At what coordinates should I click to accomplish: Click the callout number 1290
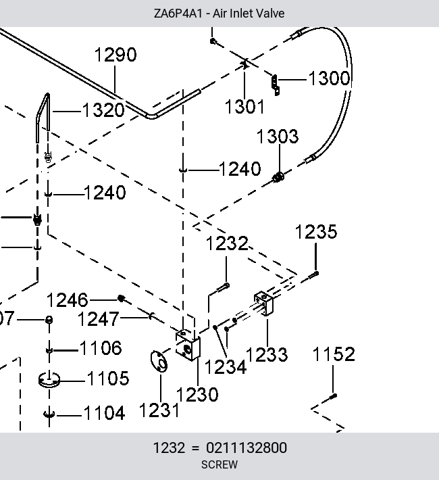tap(115, 55)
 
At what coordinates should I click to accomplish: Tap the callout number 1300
tap(329, 78)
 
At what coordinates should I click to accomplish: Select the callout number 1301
tap(244, 107)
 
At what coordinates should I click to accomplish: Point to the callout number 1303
tap(277, 136)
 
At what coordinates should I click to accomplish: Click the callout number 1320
tap(103, 110)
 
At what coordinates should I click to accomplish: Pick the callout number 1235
tap(316, 232)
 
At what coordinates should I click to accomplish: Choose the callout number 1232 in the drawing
tap(227, 243)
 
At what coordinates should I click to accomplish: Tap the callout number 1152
tap(334, 354)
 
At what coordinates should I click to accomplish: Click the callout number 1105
tap(108, 379)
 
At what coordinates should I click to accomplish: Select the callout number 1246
tap(68, 300)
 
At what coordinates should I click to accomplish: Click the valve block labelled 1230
tap(188, 345)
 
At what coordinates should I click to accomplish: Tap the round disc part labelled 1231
tap(159, 362)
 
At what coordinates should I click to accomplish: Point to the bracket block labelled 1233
tap(263, 303)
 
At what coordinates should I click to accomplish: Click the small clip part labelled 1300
tap(276, 85)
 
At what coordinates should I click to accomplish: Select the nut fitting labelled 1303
tap(278, 177)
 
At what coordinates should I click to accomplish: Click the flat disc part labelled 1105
tap(49, 380)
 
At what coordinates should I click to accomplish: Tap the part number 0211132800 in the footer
tap(247, 448)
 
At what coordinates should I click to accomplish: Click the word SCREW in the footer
tap(219, 464)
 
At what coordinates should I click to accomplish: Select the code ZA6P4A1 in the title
tap(178, 14)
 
